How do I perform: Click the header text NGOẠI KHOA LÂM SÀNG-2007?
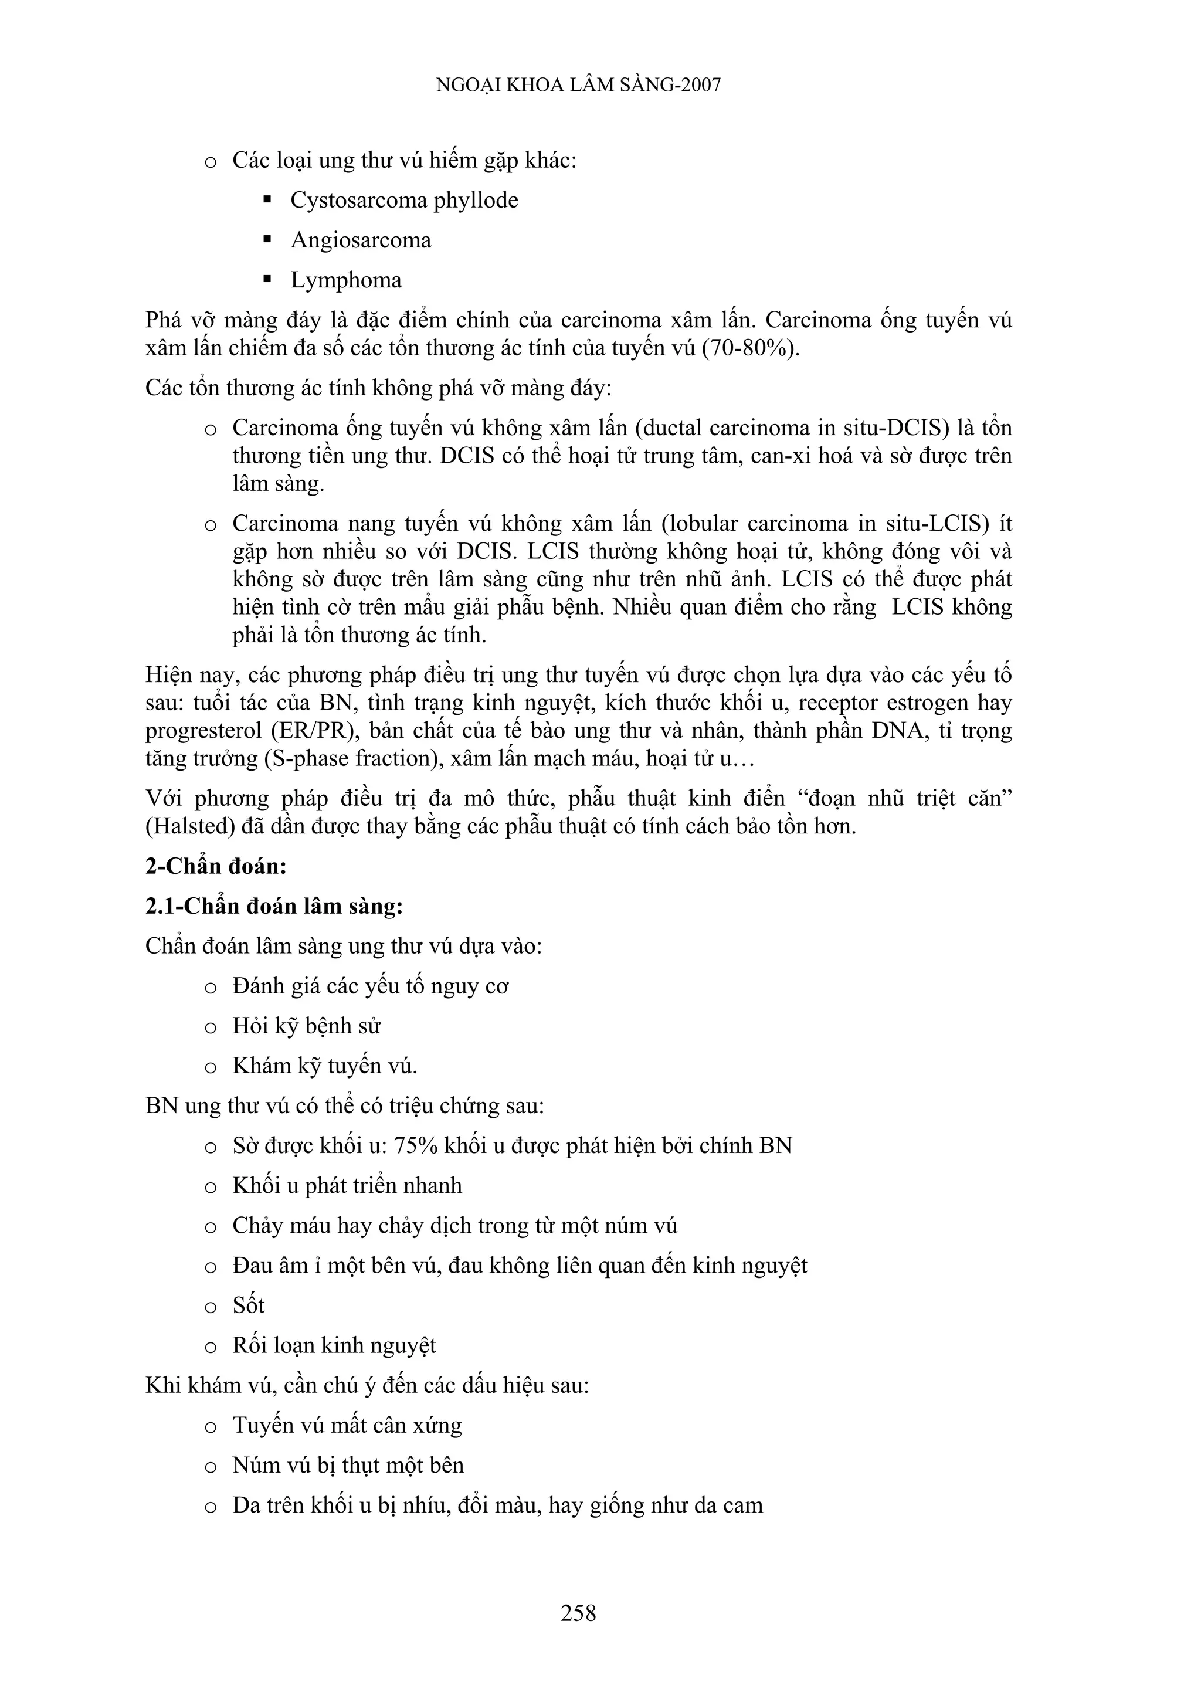(x=578, y=85)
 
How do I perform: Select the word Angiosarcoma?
(x=361, y=240)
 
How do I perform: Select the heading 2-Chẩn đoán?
(x=215, y=866)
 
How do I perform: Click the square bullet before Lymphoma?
(x=268, y=280)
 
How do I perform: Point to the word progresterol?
(x=203, y=731)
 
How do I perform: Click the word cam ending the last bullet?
(x=743, y=1505)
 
